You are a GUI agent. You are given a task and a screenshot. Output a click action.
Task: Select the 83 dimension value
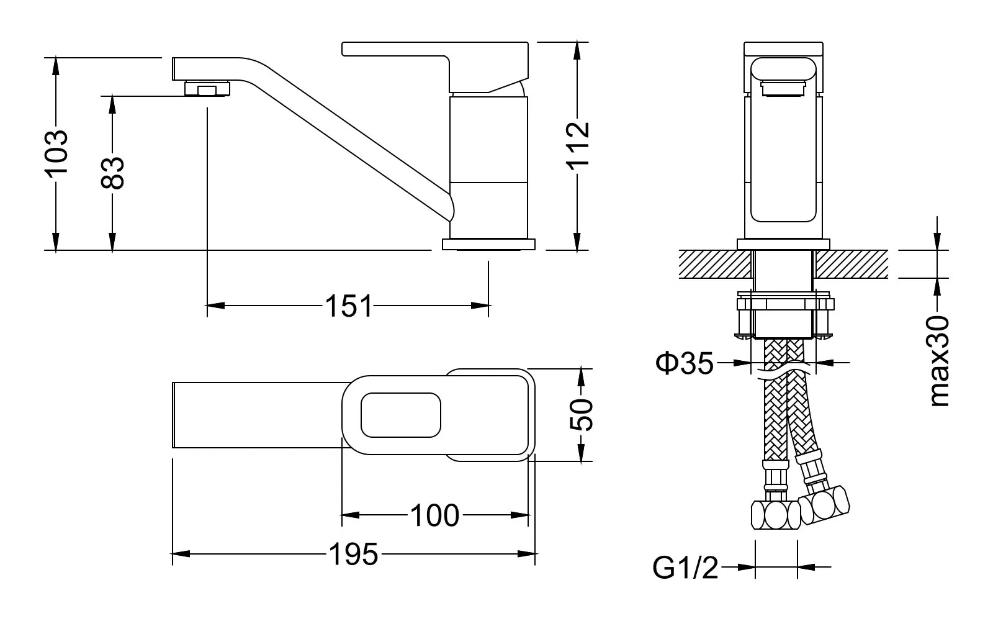113,172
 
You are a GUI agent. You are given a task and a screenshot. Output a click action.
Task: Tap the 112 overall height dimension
577,146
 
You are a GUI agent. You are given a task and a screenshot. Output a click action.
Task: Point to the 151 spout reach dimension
349,306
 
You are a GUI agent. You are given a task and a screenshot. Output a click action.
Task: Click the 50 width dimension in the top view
581,415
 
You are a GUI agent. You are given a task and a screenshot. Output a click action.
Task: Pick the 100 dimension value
435,515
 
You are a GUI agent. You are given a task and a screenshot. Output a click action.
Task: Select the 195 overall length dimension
353,554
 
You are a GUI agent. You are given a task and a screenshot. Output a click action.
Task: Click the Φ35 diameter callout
685,363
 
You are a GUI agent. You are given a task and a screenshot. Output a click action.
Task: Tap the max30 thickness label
940,361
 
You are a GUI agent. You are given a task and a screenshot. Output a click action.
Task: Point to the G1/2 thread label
685,568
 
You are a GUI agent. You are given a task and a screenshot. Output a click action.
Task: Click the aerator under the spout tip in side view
207,89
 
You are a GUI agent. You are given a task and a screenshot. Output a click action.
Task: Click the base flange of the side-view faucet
488,244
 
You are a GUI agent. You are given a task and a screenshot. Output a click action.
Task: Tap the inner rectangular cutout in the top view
401,415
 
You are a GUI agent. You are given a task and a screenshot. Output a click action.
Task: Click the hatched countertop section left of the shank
714,264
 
